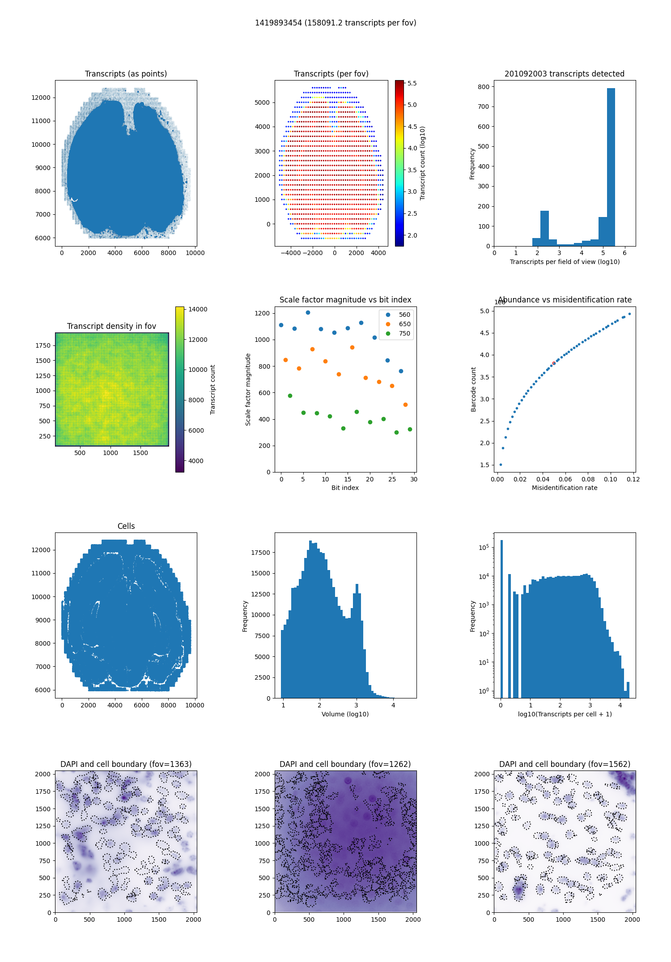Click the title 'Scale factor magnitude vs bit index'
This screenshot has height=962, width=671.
click(x=345, y=300)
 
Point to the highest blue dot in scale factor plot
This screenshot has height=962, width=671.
click(x=308, y=312)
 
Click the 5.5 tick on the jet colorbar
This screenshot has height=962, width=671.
click(x=412, y=83)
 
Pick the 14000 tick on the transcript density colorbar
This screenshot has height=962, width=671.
click(x=198, y=309)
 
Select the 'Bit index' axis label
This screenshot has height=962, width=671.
click(x=345, y=488)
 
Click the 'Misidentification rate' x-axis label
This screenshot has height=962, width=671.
click(x=565, y=488)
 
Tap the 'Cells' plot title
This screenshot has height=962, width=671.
click(x=126, y=526)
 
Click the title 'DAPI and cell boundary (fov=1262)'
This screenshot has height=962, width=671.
click(x=345, y=764)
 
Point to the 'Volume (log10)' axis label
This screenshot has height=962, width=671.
click(x=345, y=714)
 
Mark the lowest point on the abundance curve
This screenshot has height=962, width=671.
click(x=501, y=464)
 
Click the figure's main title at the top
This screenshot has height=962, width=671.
click(x=335, y=23)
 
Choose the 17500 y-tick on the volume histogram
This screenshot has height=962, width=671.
click(x=260, y=553)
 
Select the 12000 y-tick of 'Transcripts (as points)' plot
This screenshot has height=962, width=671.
click(x=41, y=98)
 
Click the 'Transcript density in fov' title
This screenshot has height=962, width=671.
click(x=112, y=326)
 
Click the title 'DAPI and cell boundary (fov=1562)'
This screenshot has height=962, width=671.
click(x=565, y=764)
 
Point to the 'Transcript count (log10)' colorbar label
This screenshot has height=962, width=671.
click(x=423, y=163)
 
